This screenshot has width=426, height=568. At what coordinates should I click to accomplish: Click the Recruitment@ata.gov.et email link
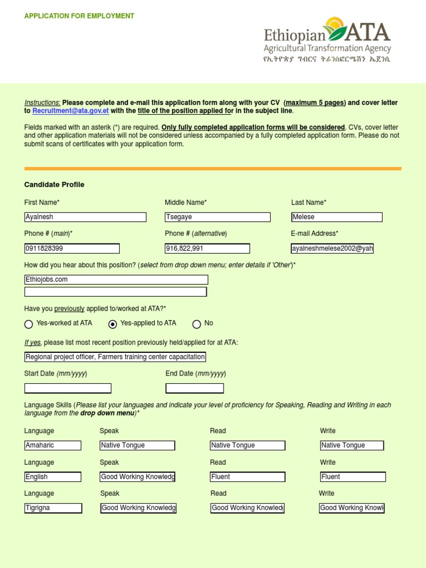pos(70,111)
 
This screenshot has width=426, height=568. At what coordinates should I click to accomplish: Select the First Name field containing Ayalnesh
pos(85,217)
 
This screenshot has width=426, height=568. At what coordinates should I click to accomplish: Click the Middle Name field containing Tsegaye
pos(217,217)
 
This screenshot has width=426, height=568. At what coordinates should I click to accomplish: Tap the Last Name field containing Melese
pos(337,217)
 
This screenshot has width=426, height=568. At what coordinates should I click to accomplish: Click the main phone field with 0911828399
pos(72,248)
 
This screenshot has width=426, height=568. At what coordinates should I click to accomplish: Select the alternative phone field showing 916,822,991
pos(207,248)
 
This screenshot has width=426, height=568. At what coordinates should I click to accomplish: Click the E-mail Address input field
pos(332,248)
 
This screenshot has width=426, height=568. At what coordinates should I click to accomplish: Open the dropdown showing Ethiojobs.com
pos(116,280)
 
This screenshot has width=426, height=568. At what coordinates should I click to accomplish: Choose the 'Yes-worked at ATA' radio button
pos(29,324)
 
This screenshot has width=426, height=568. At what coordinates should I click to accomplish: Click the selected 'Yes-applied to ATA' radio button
pos(113,324)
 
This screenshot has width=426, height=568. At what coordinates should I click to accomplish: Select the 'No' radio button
pos(196,324)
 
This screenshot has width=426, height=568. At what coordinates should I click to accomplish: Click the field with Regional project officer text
pos(115,357)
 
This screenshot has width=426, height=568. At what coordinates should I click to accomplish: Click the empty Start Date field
pos(68,388)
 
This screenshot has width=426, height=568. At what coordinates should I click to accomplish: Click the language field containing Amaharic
pos(53,445)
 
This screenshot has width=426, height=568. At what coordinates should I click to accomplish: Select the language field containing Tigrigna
pos(53,508)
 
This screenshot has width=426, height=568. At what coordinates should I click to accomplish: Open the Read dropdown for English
pos(247,477)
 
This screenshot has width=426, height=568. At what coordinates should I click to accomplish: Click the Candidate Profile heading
pos(54,185)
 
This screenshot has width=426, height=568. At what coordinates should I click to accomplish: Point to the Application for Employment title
pos(79,16)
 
